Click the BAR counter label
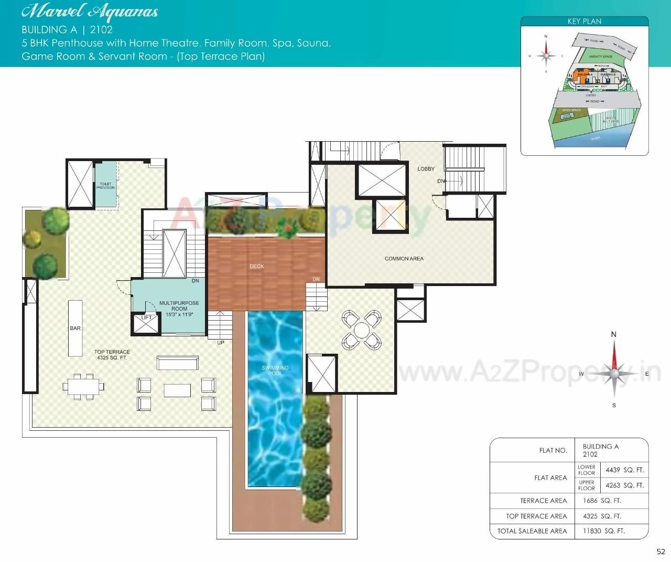(x=75, y=328)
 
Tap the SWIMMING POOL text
(x=275, y=370)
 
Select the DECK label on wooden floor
(x=257, y=267)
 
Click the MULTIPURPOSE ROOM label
(x=179, y=309)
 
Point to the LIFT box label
(x=146, y=318)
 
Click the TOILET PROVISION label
(x=105, y=186)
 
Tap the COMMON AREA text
(x=404, y=259)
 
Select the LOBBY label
(x=426, y=169)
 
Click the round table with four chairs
(x=361, y=330)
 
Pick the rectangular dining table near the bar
(x=83, y=387)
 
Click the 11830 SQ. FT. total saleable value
(x=603, y=531)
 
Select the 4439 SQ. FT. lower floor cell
(x=624, y=470)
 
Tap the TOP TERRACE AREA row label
(x=536, y=516)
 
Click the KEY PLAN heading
(x=584, y=22)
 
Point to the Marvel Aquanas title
(x=90, y=12)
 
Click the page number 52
(x=661, y=552)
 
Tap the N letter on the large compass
(x=614, y=334)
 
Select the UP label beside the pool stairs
(x=221, y=343)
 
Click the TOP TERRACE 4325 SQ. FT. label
(x=112, y=355)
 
